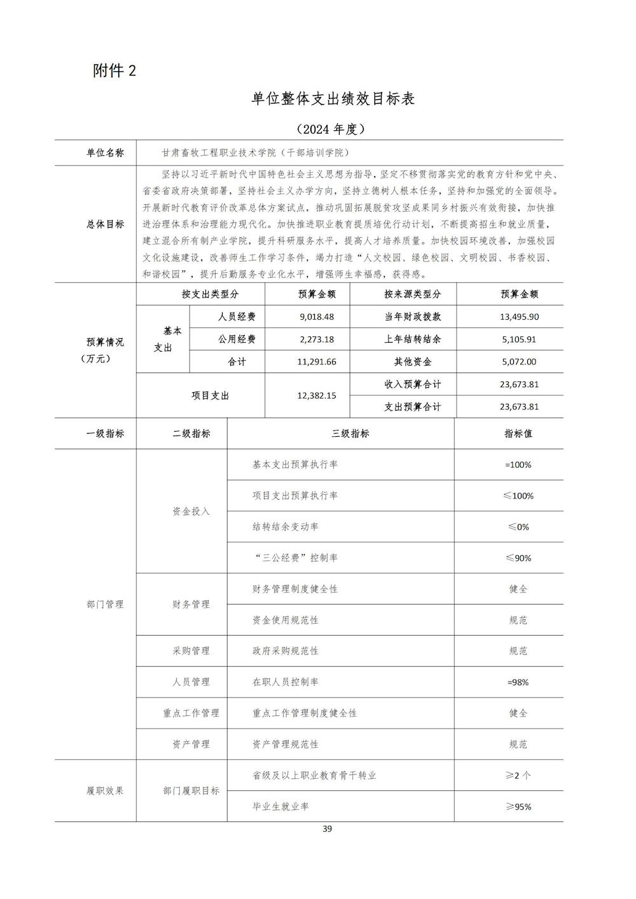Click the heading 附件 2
click(114, 71)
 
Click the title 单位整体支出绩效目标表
click(333, 99)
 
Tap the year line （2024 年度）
click(331, 129)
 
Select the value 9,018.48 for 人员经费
click(316, 317)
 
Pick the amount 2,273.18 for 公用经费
click(316, 339)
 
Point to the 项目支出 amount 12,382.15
click(316, 395)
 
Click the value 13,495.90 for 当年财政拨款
click(519, 317)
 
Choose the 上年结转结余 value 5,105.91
click(519, 339)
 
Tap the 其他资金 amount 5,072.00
click(519, 362)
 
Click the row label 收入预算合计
click(412, 384)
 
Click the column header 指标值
click(518, 434)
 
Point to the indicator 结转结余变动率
click(286, 526)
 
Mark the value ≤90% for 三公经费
click(518, 558)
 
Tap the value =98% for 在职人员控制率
click(518, 682)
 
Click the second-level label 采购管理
click(191, 651)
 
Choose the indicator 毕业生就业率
click(280, 806)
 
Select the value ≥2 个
click(518, 775)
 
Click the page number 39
click(328, 828)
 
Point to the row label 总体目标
click(106, 224)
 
